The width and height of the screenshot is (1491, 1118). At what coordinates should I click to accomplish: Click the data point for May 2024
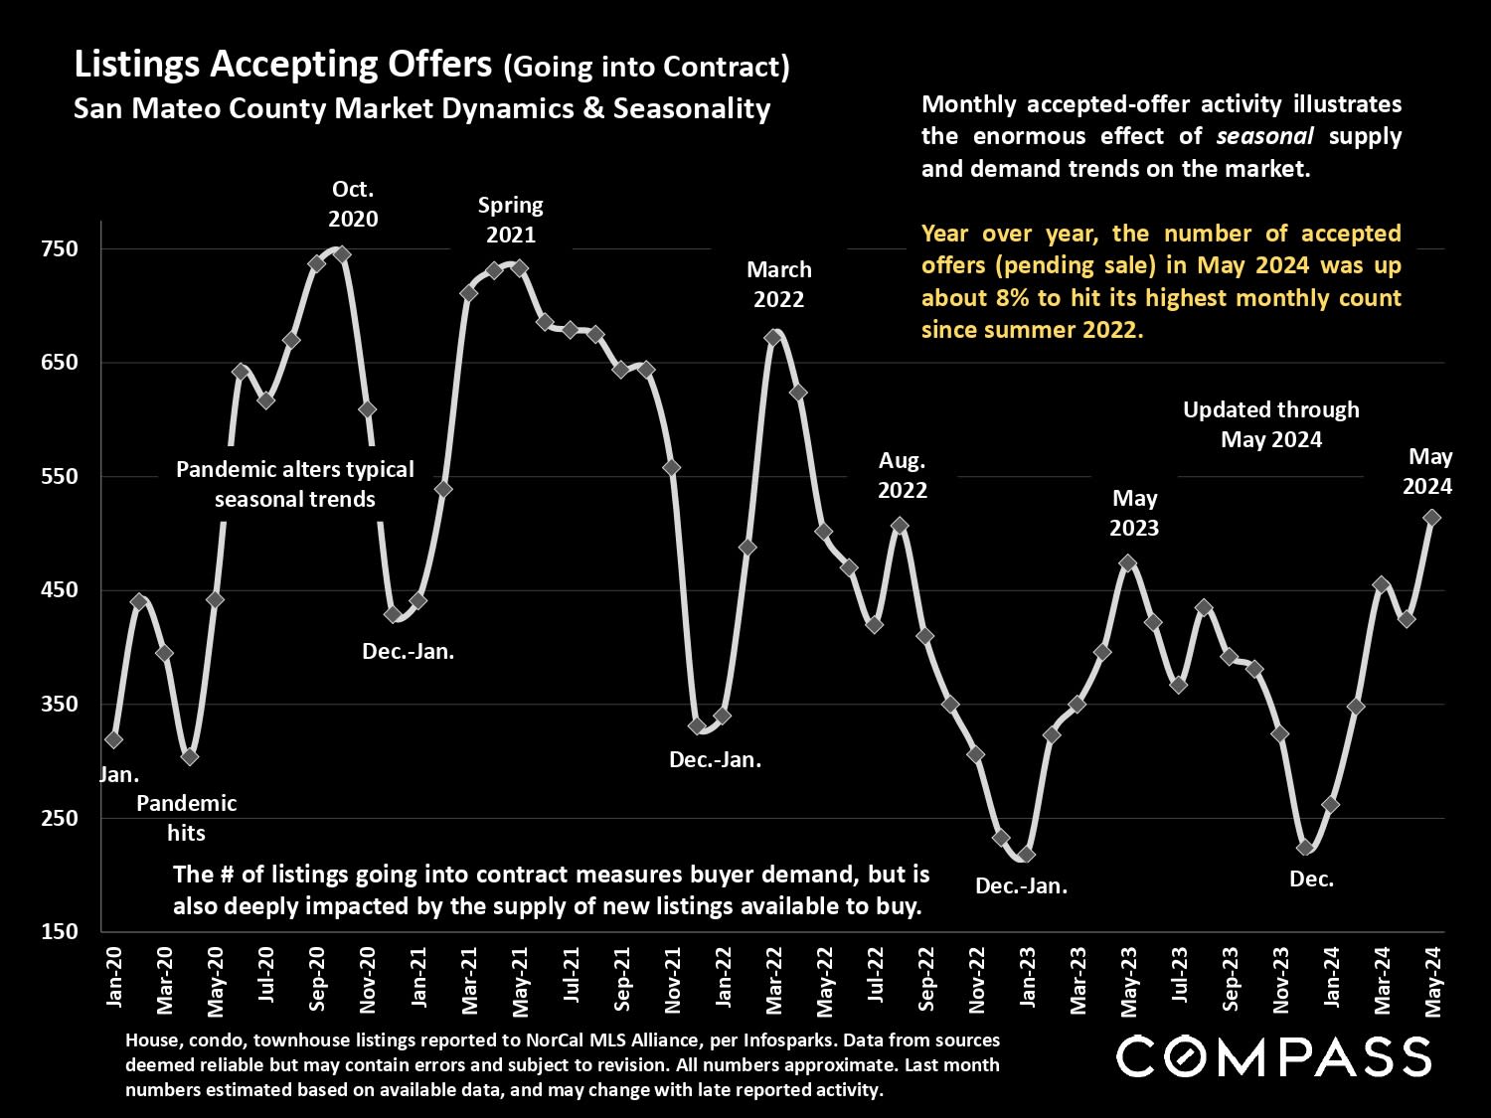click(1431, 518)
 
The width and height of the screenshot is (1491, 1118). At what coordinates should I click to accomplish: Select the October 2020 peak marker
click(342, 254)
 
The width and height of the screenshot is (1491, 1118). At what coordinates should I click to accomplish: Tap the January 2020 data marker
click(113, 739)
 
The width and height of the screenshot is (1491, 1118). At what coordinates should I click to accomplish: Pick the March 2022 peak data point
click(772, 338)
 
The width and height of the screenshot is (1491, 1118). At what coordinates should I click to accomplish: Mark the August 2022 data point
click(900, 526)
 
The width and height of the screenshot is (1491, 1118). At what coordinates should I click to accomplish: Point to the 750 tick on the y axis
click(61, 248)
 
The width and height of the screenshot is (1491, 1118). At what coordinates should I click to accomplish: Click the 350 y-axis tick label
click(61, 704)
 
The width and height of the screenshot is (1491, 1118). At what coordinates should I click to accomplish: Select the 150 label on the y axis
click(61, 931)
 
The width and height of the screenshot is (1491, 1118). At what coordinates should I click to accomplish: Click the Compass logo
click(1273, 1055)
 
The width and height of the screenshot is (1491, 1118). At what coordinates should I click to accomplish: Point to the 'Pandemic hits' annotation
click(186, 817)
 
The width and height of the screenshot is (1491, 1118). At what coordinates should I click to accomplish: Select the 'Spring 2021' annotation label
click(511, 220)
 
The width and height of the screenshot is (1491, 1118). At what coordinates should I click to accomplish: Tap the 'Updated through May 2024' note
click(1270, 424)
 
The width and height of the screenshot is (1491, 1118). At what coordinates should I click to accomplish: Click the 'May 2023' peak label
click(1134, 513)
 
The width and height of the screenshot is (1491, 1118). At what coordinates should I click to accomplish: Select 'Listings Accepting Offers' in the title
click(283, 66)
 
